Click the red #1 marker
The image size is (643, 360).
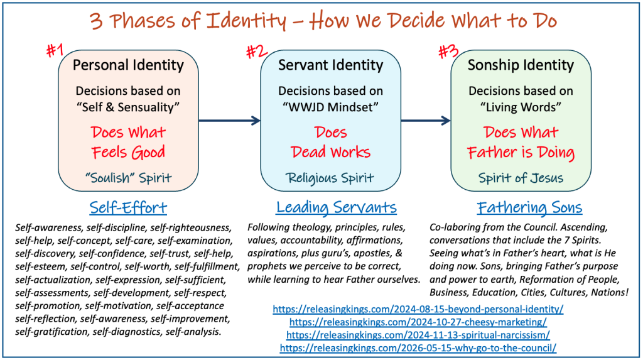pyautogui.click(x=55, y=50)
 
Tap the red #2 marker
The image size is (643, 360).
pyautogui.click(x=257, y=52)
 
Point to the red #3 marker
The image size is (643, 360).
pyautogui.click(x=448, y=52)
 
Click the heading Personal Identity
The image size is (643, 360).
pyautogui.click(x=128, y=65)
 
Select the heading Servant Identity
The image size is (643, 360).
pyautogui.click(x=330, y=65)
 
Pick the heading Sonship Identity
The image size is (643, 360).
pyautogui.click(x=521, y=65)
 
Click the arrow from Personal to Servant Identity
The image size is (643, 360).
pyautogui.click(x=230, y=120)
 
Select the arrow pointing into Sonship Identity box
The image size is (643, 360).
pyautogui.click(x=426, y=120)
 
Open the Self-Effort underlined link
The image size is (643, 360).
pyautogui.click(x=128, y=207)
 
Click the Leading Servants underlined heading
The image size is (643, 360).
pyautogui.click(x=337, y=207)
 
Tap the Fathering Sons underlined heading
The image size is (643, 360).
pyautogui.click(x=529, y=207)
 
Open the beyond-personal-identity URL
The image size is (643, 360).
pyautogui.click(x=418, y=309)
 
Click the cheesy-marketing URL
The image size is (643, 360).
pyautogui.click(x=418, y=322)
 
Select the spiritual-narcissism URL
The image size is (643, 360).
pyautogui.click(x=418, y=335)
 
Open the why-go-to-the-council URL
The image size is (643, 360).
pyautogui.click(x=418, y=348)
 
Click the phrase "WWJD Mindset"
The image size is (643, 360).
pyautogui.click(x=330, y=107)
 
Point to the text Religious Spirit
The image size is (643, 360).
pyautogui.click(x=330, y=178)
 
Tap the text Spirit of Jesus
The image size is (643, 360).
pyautogui.click(x=521, y=178)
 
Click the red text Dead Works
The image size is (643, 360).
pyautogui.click(x=330, y=152)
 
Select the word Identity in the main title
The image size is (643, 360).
pyautogui.click(x=246, y=21)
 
